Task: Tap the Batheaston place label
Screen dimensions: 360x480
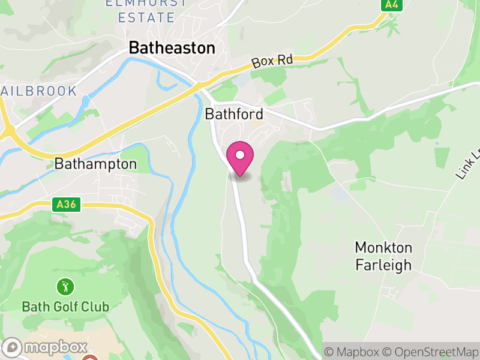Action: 172,48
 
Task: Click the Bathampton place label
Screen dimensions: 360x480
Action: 95,163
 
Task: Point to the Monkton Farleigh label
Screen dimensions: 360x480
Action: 383,256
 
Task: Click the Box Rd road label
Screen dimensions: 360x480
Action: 272,61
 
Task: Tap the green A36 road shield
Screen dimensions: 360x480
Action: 66,205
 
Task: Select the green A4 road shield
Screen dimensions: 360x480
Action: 392,5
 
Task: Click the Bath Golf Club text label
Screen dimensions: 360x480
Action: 65,307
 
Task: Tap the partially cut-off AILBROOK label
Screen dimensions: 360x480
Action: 39,91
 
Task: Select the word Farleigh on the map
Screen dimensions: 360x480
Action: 384,264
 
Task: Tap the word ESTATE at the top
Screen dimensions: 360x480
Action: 146,17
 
